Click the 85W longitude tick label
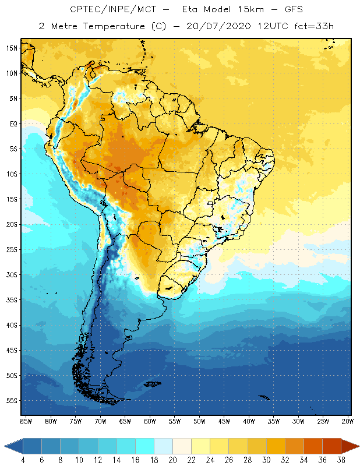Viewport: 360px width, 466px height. point(26,421)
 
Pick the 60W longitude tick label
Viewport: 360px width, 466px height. point(150,421)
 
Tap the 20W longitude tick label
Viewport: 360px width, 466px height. point(348,421)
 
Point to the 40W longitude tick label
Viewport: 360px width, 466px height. point(249,421)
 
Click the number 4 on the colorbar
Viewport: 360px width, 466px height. point(23,460)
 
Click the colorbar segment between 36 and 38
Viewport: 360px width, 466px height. point(331,446)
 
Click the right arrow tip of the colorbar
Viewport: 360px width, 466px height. point(358,446)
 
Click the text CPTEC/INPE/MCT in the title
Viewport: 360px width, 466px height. point(110,10)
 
